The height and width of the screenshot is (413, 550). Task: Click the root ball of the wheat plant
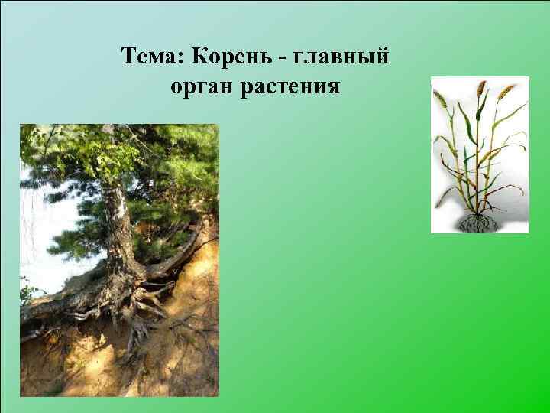click(477, 222)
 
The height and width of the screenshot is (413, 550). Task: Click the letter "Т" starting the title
click(128, 57)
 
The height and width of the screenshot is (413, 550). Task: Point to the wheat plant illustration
click(480, 153)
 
